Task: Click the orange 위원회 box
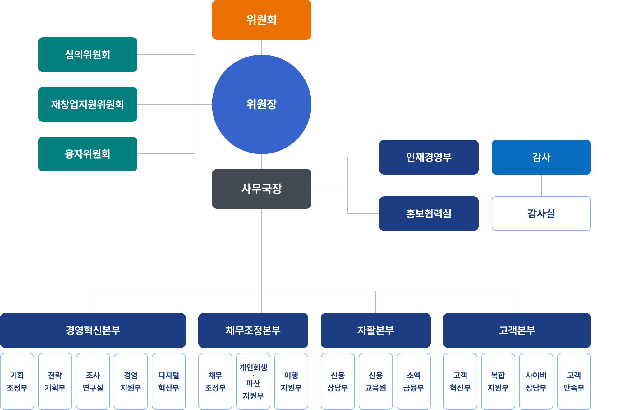point(261,20)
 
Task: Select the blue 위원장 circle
point(261,104)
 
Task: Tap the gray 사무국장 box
point(261,189)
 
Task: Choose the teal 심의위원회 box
point(87,55)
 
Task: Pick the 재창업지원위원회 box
point(87,104)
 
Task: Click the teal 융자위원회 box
point(87,154)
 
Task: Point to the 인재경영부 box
point(429,157)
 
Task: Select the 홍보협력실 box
point(429,213)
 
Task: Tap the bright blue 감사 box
point(541,157)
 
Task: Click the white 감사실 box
point(541,213)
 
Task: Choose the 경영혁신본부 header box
point(93,330)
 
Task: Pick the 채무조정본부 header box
point(253,330)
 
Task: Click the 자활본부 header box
point(375,330)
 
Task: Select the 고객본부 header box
point(517,330)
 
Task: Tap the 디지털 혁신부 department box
point(169,381)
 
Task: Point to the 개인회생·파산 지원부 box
point(253,381)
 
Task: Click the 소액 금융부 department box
point(413,381)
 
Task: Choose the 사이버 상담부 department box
point(536,381)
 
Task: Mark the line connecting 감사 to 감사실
point(541,185)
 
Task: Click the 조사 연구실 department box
point(93,381)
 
